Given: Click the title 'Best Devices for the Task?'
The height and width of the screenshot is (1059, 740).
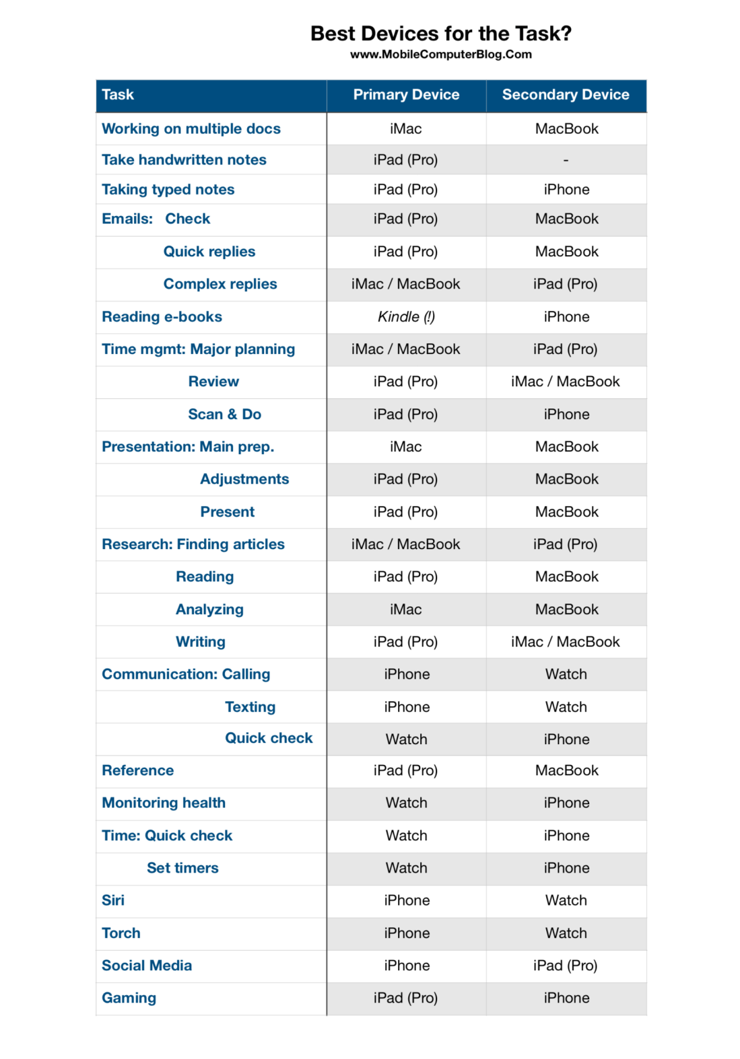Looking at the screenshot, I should (440, 34).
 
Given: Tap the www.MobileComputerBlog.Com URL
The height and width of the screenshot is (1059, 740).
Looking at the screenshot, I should (440, 54).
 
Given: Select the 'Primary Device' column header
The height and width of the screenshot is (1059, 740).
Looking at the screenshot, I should (406, 95).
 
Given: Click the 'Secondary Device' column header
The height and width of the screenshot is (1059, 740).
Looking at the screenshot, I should (566, 95).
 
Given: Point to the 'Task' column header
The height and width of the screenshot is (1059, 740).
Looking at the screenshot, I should (118, 95).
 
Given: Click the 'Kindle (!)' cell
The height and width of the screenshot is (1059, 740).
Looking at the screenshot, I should (406, 317).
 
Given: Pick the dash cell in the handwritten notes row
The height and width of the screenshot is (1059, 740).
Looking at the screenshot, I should (566, 160).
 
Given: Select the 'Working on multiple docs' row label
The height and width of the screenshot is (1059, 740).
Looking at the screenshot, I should (191, 129).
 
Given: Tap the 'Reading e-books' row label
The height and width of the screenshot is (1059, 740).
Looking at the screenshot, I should (162, 317).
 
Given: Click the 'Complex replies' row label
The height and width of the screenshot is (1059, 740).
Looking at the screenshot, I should (220, 284).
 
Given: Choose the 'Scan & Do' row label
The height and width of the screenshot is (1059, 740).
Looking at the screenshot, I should (224, 414).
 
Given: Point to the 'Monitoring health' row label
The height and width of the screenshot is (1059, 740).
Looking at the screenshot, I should (164, 803).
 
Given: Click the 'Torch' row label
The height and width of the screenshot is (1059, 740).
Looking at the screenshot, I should (121, 933).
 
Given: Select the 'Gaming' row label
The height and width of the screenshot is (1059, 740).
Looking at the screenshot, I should (129, 998).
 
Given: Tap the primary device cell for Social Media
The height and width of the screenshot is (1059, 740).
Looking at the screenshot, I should (407, 965).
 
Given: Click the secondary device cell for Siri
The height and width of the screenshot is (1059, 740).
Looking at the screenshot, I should (566, 900).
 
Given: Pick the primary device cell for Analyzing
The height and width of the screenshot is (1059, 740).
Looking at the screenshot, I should (406, 610).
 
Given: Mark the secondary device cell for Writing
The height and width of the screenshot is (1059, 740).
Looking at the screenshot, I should (565, 642).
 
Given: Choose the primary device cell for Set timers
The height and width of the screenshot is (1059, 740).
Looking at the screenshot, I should (406, 868).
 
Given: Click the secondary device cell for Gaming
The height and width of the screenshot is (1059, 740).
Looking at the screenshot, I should (566, 998).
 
